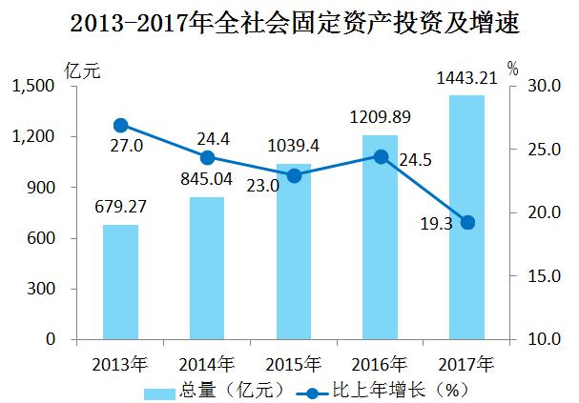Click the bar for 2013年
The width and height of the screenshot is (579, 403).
tap(120, 282)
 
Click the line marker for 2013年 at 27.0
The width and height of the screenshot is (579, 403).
tap(120, 125)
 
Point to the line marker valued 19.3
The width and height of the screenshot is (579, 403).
tap(467, 222)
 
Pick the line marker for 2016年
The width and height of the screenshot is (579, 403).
tap(381, 156)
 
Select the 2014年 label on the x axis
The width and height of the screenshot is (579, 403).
tap(207, 363)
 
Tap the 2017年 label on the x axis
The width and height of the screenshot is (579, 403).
tap(467, 363)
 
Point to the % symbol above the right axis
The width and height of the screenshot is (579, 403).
tap(512, 69)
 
